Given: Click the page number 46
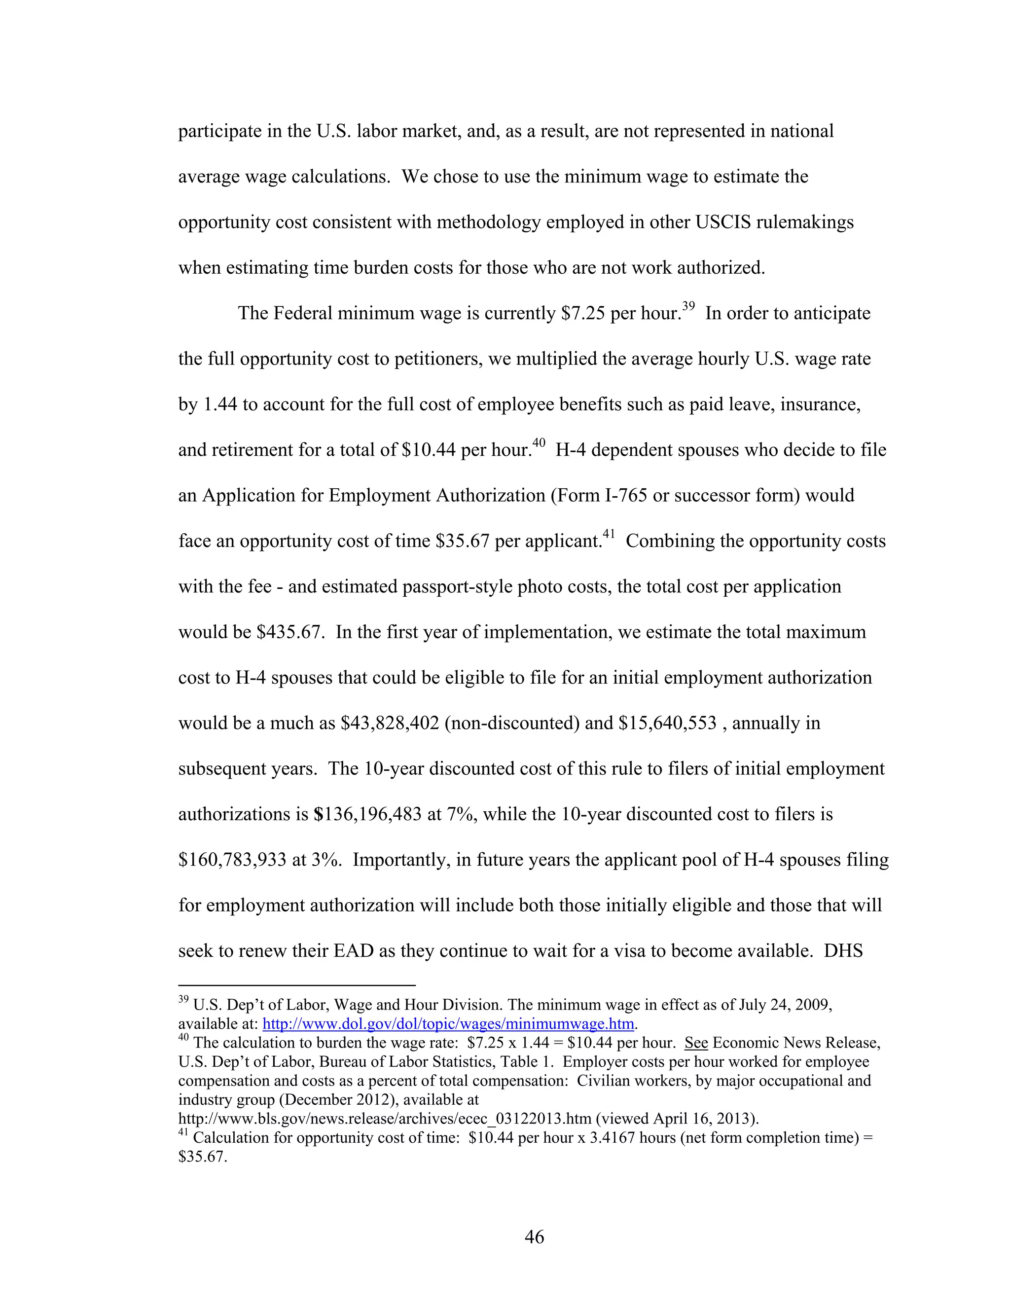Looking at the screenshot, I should (534, 1236).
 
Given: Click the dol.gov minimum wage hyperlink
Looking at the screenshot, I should (448, 1024).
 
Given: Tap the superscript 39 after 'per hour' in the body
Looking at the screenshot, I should (688, 306).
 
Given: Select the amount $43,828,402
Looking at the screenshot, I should (390, 723).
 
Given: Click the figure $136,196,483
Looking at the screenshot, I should (367, 814).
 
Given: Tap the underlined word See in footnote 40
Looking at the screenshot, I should (696, 1043).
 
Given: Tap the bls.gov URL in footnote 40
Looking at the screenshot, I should (385, 1119).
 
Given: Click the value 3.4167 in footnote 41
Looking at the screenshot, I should (612, 1138).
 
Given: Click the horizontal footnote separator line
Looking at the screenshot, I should (297, 984).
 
